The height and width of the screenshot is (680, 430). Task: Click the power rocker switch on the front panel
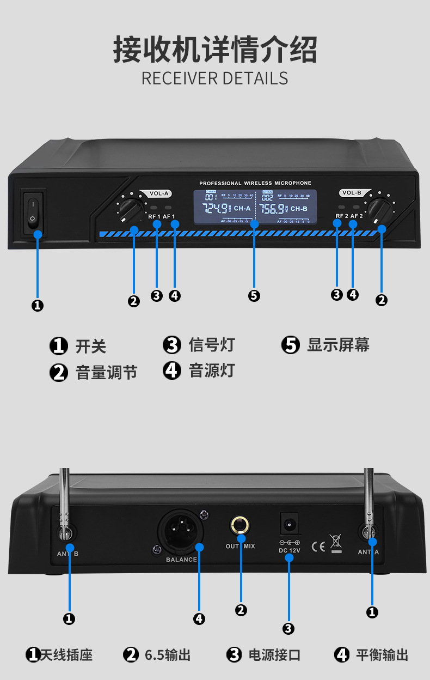click(x=32, y=212)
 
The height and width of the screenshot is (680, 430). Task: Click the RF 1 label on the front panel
click(x=154, y=217)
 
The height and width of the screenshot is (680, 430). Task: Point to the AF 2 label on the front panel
click(x=357, y=216)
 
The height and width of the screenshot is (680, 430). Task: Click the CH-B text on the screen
click(x=299, y=209)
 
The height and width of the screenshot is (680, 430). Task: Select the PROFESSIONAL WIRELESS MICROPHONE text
click(x=255, y=184)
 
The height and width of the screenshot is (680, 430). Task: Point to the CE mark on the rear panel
click(x=318, y=546)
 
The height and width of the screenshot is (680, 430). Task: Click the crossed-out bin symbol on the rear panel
click(x=336, y=543)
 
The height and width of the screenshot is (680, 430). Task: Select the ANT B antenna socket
click(x=67, y=533)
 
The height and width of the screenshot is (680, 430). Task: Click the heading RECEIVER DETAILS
click(x=214, y=78)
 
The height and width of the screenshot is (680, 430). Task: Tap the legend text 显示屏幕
click(x=338, y=345)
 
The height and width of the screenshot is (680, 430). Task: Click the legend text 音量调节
click(x=106, y=373)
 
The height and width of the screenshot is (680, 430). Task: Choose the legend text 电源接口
click(x=274, y=654)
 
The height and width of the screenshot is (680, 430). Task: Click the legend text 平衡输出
click(x=382, y=654)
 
